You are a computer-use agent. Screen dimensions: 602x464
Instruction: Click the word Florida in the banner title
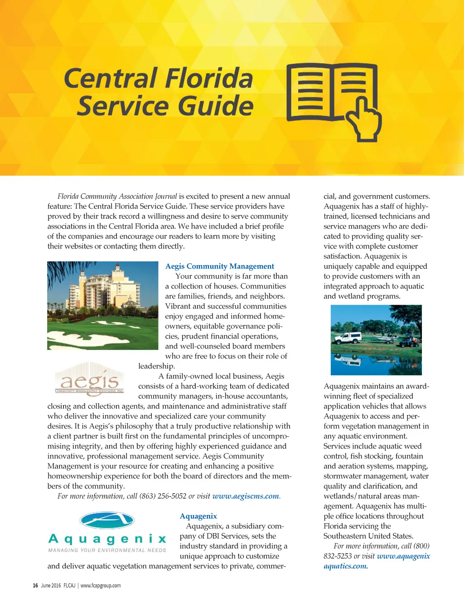pyautogui.click(x=209, y=78)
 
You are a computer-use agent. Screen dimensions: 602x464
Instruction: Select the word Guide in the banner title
pyautogui.click(x=215, y=106)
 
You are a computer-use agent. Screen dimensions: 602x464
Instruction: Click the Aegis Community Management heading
pyautogui.click(x=219, y=266)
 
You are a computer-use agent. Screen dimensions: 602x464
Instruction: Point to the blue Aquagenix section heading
pyautogui.click(x=198, y=516)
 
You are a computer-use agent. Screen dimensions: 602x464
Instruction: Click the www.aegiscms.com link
pyautogui.click(x=246, y=496)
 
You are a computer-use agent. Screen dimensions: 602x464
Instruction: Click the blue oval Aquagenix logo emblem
pyautogui.click(x=107, y=521)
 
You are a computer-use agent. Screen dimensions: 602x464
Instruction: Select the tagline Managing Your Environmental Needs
pyautogui.click(x=107, y=550)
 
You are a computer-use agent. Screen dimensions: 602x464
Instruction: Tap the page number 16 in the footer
pyautogui.click(x=35, y=585)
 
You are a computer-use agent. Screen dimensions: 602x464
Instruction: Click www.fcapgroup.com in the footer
pyautogui.click(x=101, y=585)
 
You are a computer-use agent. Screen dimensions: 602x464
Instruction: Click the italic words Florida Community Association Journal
pyautogui.click(x=117, y=196)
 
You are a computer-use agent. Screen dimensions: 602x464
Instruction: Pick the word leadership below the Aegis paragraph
pyautogui.click(x=156, y=366)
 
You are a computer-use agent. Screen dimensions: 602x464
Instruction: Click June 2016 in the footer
pyautogui.click(x=51, y=585)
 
